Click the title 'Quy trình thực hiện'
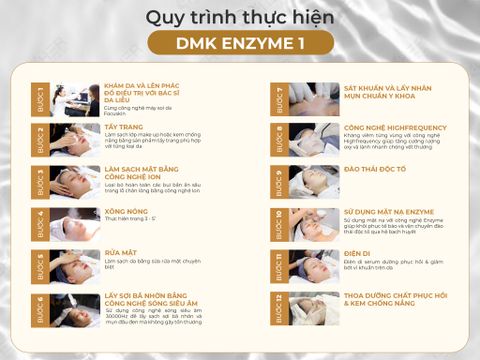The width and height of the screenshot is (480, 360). [x=240, y=17]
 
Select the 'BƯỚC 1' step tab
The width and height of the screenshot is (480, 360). [x=41, y=100]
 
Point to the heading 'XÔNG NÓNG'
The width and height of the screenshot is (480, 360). [x=127, y=213]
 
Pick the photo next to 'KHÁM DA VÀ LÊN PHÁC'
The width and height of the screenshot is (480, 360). [x=73, y=100]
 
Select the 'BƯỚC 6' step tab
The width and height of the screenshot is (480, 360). [x=41, y=309]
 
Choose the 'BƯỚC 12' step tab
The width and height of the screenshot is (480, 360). [x=280, y=309]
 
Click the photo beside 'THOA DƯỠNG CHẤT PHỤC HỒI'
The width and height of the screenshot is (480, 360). [x=312, y=309]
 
